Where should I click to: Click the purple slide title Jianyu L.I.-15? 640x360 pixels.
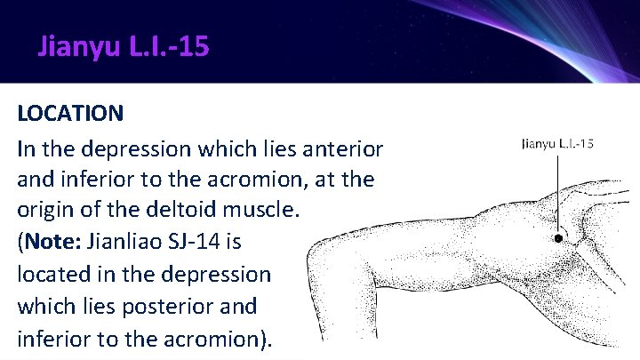click(124, 45)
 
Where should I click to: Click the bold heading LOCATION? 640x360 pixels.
click(70, 114)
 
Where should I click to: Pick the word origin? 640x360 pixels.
click(44, 211)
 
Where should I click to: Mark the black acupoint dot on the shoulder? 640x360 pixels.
click(558, 238)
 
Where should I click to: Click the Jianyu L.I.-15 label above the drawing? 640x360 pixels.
click(557, 143)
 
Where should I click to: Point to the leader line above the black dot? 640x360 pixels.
click(558, 191)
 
